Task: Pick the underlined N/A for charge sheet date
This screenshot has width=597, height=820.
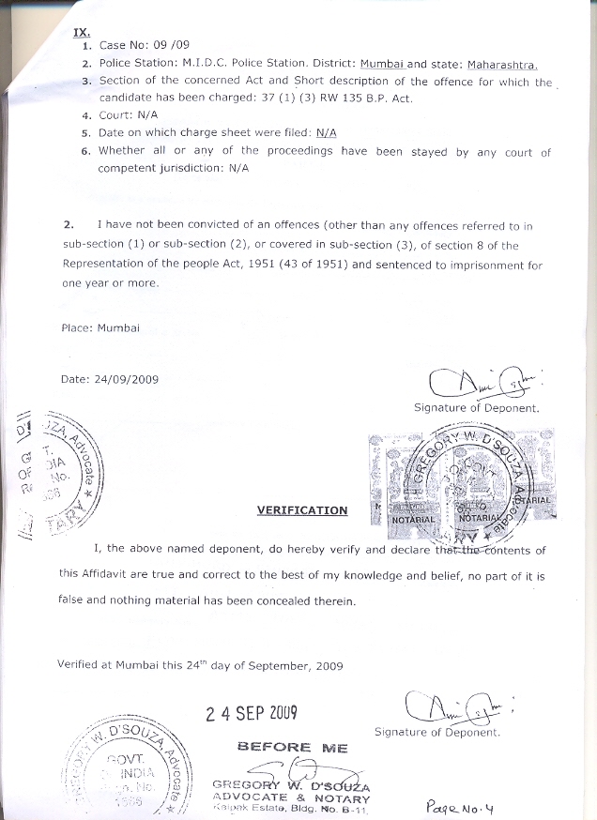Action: (327, 133)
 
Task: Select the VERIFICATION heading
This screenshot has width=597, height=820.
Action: (301, 510)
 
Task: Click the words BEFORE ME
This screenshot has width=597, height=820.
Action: (292, 748)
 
